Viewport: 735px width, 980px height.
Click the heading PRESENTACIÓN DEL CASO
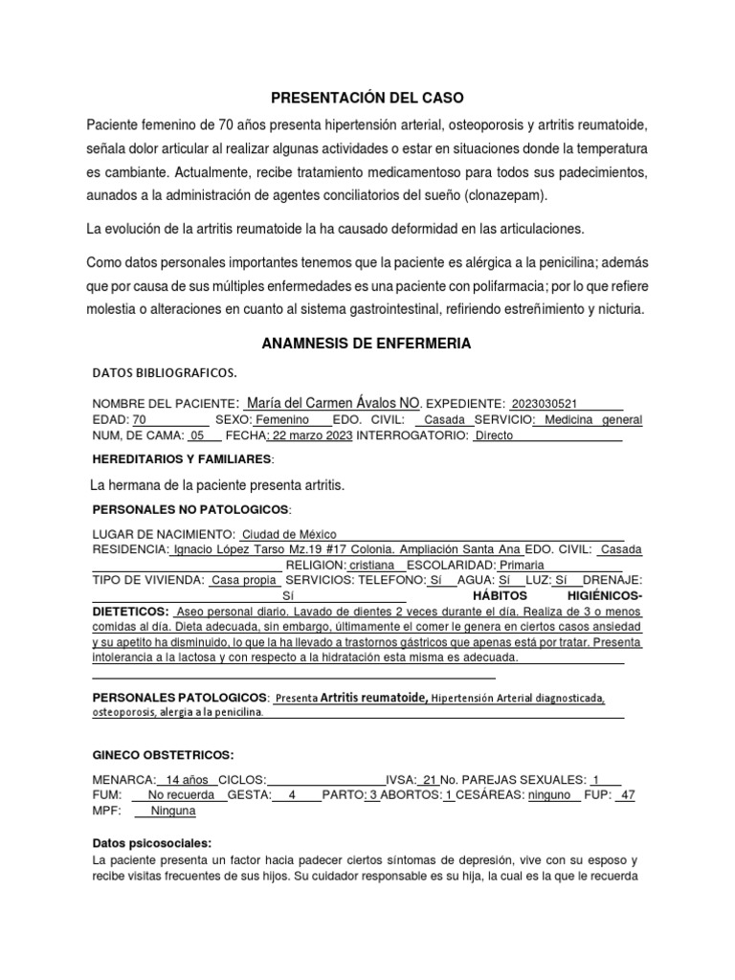tap(367, 98)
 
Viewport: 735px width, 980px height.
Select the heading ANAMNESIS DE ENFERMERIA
tap(367, 343)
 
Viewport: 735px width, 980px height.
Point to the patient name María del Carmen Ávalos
tap(321, 403)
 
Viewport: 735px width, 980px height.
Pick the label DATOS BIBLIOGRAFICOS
tap(163, 371)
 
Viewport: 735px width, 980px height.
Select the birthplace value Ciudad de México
tap(288, 534)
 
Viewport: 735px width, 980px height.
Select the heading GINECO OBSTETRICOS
tap(162, 755)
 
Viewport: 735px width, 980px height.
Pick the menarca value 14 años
tap(187, 779)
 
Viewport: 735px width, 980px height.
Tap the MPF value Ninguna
tap(173, 811)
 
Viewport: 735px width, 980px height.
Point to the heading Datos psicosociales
tap(151, 844)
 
